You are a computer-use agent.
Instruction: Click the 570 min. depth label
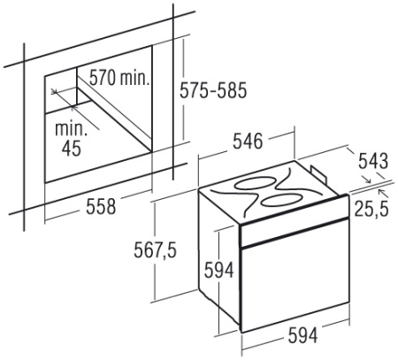click(119, 78)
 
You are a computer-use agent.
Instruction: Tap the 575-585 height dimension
click(213, 90)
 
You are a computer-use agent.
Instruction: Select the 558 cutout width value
click(101, 206)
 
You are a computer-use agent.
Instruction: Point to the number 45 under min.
click(72, 148)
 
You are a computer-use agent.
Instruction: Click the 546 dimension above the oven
click(248, 141)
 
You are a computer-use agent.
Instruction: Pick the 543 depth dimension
click(373, 161)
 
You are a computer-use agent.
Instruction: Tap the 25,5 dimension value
click(371, 208)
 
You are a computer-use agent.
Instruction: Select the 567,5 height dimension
click(156, 250)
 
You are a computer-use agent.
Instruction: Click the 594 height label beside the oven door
click(219, 270)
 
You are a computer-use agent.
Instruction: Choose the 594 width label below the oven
click(303, 335)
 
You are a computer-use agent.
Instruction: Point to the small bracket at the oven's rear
click(319, 174)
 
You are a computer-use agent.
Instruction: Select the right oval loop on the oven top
click(281, 201)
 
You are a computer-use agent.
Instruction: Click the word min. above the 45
click(71, 128)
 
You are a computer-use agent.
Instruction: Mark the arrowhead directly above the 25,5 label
click(382, 192)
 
